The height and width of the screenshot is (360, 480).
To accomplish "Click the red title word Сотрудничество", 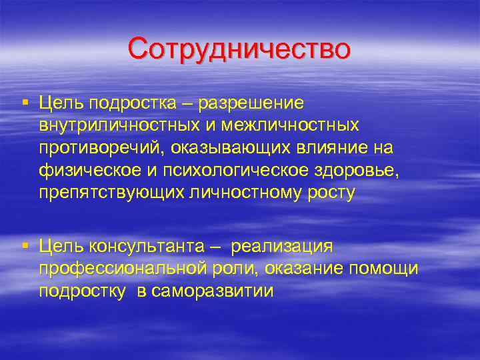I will pos(239,49).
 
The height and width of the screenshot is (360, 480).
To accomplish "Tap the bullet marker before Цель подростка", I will pos(25,102).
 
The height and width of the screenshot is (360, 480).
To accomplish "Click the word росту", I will pos(331,193).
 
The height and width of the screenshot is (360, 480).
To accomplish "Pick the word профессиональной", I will pos(118,269).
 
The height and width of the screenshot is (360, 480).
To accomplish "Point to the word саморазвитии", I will pos(212,291).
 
